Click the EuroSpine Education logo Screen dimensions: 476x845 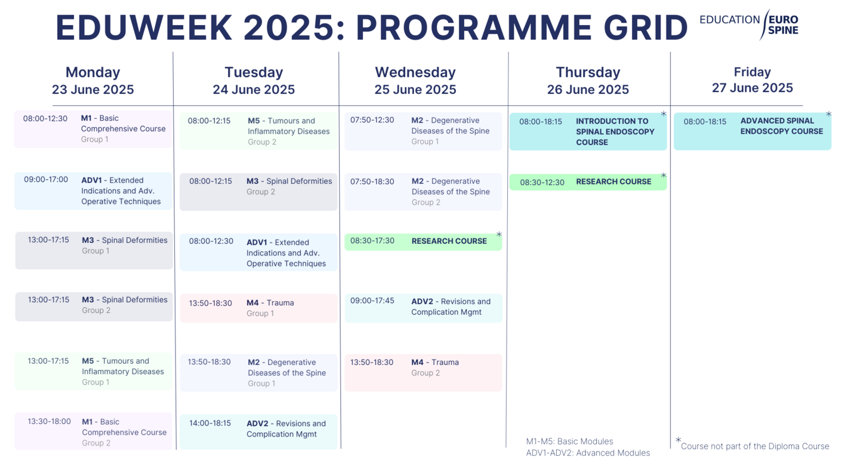point(749,24)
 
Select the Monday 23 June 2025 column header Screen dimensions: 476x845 point(92,81)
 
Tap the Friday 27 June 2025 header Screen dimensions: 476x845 point(752,80)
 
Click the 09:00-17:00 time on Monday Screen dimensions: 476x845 point(46,180)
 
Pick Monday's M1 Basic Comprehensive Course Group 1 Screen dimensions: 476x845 point(93,129)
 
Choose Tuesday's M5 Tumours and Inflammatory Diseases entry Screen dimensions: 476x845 point(258,131)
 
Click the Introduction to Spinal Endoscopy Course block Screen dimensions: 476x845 point(588,131)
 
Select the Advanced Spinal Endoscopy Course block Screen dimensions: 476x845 point(752,131)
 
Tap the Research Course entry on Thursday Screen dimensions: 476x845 point(588,182)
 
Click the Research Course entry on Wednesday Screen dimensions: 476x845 point(423,241)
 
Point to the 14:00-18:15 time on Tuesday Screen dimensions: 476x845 point(210,423)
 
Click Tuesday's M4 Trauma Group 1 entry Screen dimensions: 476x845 point(258,308)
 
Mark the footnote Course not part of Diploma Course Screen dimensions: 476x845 point(754,446)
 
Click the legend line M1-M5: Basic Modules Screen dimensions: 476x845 point(569,441)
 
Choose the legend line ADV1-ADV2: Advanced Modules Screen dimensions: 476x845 point(588,453)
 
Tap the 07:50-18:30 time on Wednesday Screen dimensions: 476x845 point(372,182)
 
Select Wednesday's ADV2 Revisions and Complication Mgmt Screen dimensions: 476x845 point(423,307)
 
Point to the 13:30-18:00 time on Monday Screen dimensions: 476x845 point(49,422)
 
